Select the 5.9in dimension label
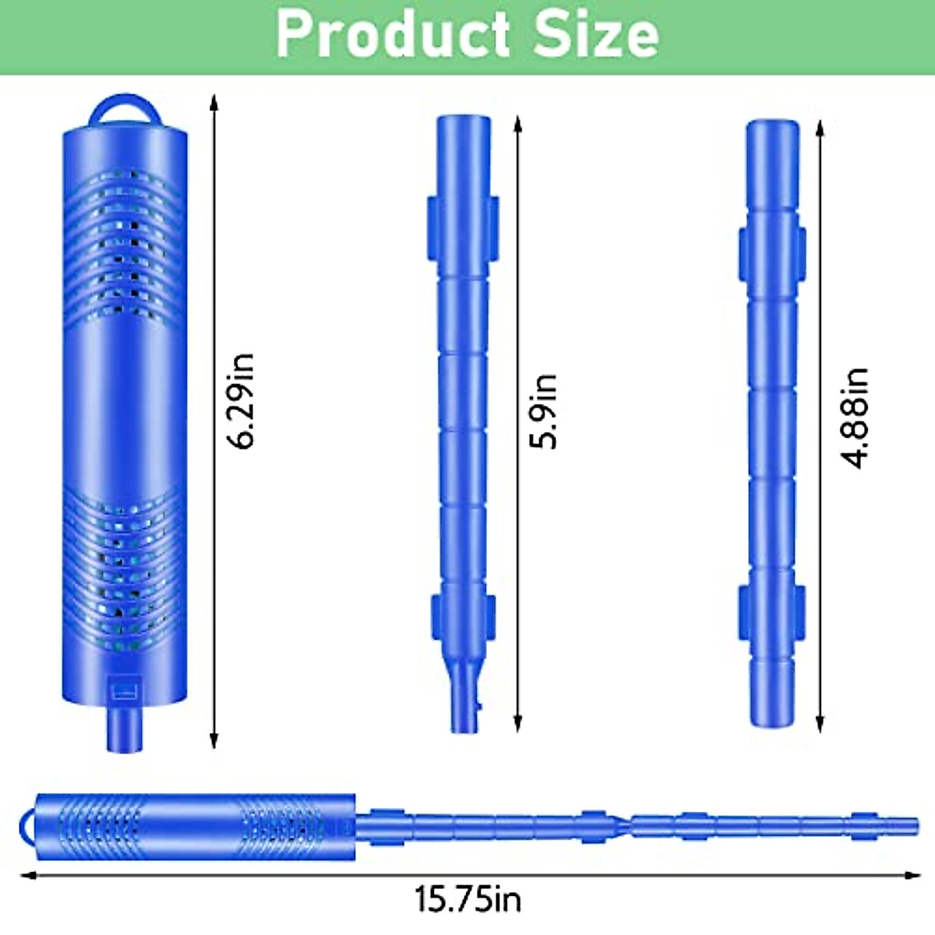click(x=544, y=411)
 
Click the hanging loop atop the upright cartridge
click(x=124, y=110)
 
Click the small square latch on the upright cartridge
click(x=125, y=690)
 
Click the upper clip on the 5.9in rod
click(x=463, y=228)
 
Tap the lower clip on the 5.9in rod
click(x=463, y=618)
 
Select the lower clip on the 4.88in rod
click(x=772, y=612)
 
